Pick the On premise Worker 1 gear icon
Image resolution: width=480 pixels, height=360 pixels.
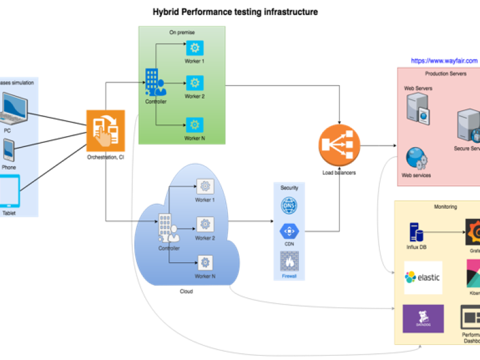tap(194, 48)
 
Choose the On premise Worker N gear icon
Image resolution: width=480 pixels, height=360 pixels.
tap(194, 125)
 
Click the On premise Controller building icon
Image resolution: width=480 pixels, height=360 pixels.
tap(155, 83)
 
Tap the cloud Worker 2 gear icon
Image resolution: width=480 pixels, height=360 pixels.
tap(205, 224)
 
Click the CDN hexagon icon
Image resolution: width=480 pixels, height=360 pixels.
tap(289, 232)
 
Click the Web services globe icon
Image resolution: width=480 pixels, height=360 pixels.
tap(416, 158)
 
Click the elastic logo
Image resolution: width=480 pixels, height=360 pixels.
tap(423, 277)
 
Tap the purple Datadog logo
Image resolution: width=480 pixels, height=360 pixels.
tap(423, 319)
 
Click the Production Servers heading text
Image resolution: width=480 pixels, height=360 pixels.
tap(446, 73)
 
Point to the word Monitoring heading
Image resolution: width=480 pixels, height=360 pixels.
tap(445, 207)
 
